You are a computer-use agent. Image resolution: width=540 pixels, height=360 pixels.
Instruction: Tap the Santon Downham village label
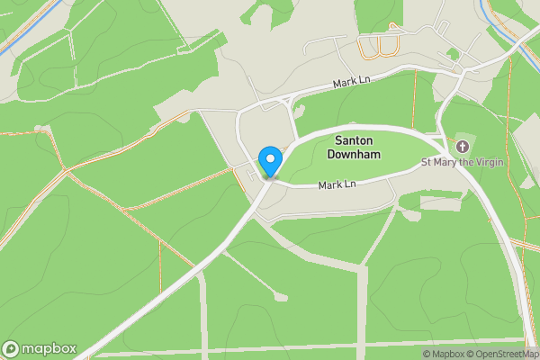pos(358,148)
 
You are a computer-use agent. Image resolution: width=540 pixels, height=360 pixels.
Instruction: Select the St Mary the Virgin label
pos(463,163)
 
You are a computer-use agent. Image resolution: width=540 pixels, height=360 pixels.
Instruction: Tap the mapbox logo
pos(40,348)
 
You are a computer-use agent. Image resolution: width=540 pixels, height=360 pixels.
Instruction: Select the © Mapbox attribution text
pos(444,354)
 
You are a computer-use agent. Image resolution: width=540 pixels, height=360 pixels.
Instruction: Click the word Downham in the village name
pos(358,155)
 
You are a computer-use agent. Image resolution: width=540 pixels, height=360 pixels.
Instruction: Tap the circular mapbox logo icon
pos(12,348)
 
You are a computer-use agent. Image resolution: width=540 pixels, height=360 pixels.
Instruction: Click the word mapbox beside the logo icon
pos(49,348)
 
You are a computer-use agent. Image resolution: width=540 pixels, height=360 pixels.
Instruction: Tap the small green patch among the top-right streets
pos(453,54)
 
